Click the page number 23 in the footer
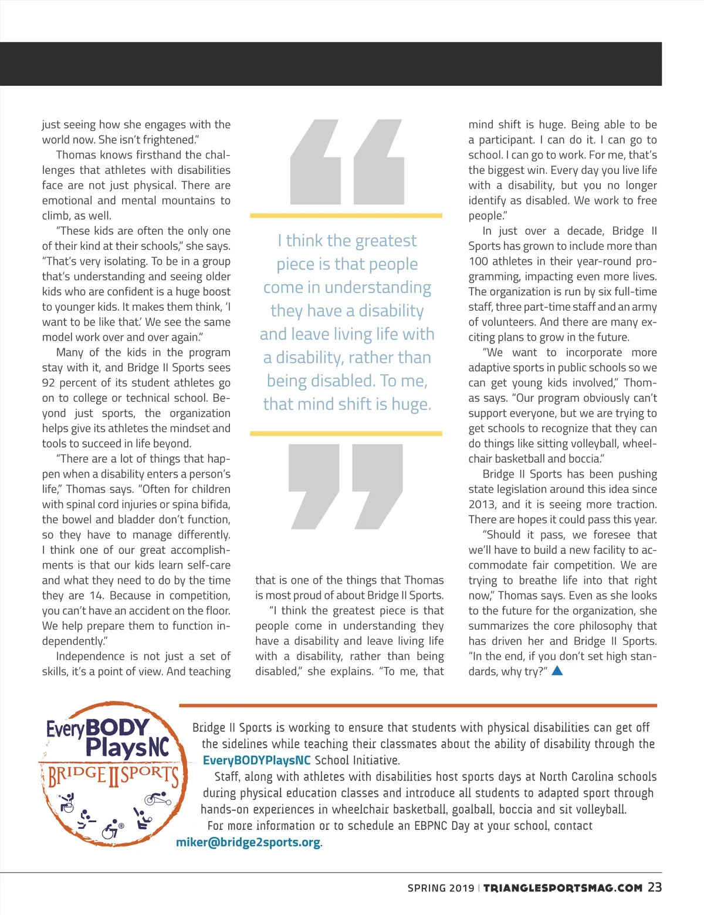point(655,887)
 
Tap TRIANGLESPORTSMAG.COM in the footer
point(563,888)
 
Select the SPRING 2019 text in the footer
point(441,888)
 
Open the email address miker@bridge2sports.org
point(248,842)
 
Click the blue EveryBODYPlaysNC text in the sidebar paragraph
point(256,760)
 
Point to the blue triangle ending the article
point(557,670)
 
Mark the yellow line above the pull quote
point(346,216)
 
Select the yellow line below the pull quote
point(346,433)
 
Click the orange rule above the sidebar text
point(418,705)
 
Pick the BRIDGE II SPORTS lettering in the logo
point(113,776)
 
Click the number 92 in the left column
point(48,383)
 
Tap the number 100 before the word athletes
point(478,261)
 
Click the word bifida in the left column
point(215,504)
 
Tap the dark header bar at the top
point(331,63)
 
